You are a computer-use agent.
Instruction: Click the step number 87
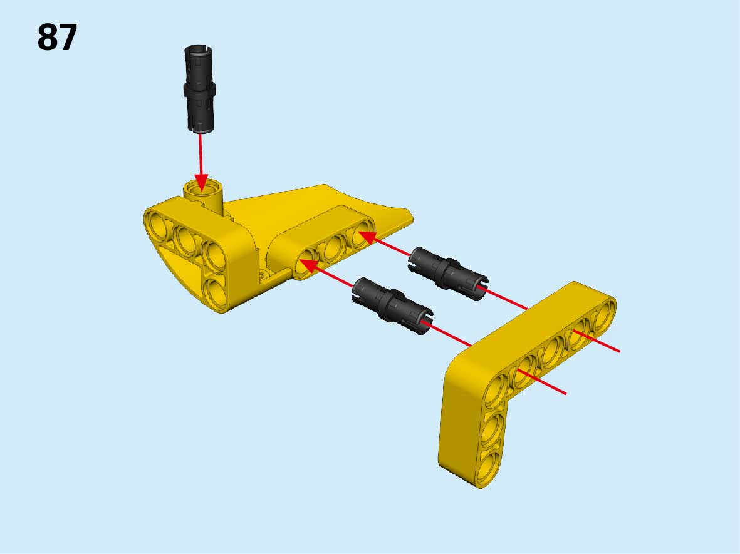click(x=57, y=38)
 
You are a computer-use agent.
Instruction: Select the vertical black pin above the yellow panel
click(x=199, y=89)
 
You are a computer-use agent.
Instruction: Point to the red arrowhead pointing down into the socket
click(x=201, y=182)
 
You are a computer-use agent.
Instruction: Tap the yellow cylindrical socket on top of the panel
click(x=204, y=195)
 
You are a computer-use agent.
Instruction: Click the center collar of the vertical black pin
click(x=199, y=90)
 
